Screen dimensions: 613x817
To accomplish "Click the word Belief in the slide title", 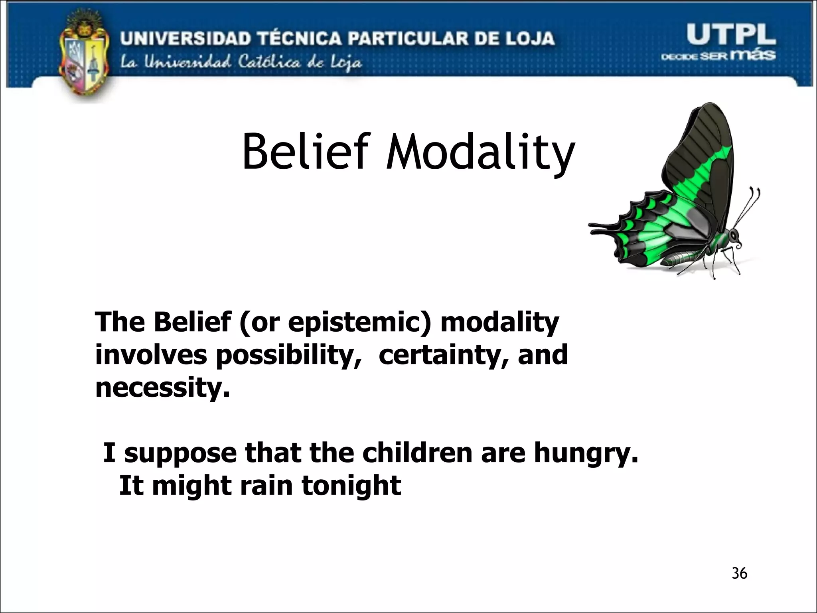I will pos(303,152).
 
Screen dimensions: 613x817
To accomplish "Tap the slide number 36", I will pos(739,573).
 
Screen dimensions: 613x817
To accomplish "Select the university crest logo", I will pos(84,56).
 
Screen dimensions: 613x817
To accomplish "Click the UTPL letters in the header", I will pos(731,35).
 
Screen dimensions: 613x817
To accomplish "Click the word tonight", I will pos(351,486).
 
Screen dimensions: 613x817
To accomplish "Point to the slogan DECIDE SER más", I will pos(718,55).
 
